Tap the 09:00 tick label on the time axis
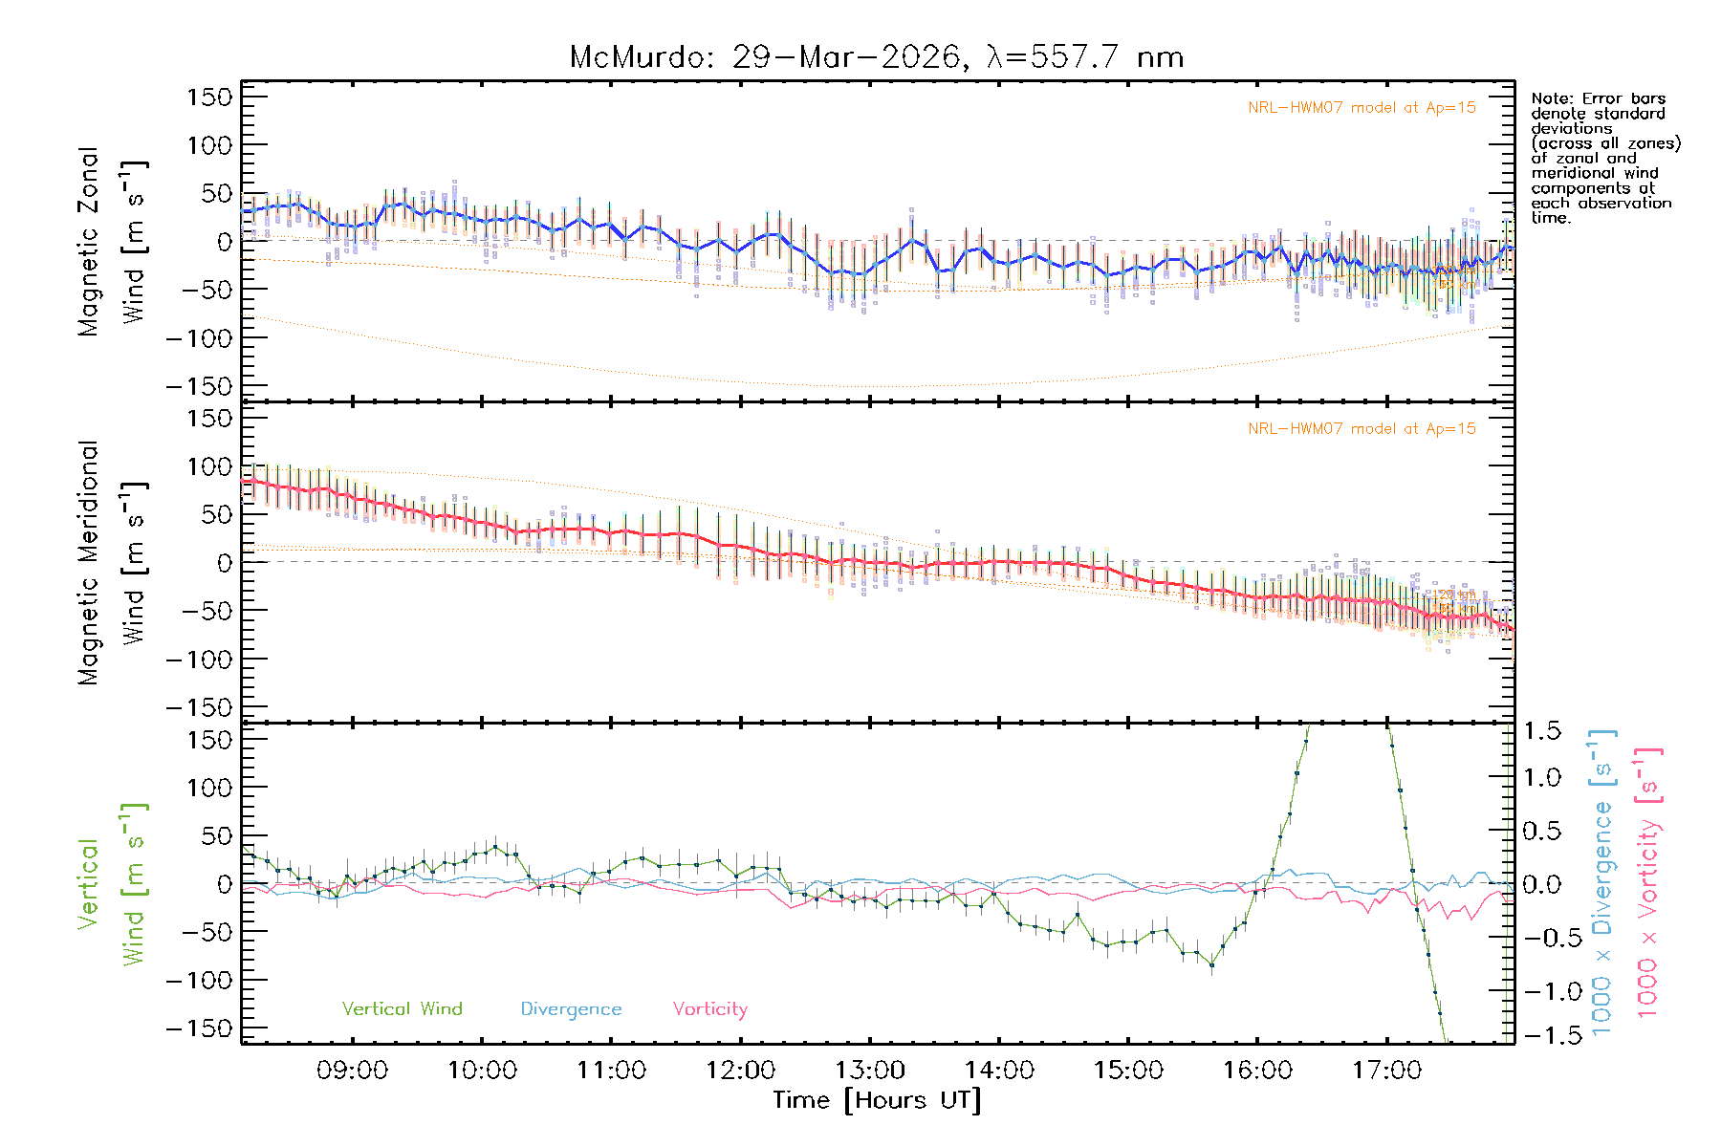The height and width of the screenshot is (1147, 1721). (x=352, y=1071)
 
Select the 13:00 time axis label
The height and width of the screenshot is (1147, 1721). (x=869, y=1071)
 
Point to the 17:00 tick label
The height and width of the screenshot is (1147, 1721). (x=1386, y=1071)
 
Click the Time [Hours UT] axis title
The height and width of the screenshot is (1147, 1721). (x=877, y=1100)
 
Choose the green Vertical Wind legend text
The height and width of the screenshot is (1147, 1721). (x=402, y=1009)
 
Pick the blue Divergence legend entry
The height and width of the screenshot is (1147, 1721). (x=571, y=1009)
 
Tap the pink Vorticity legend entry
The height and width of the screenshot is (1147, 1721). (x=709, y=1009)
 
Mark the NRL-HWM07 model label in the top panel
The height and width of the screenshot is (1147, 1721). (x=1362, y=108)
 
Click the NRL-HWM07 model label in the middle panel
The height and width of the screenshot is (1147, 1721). (x=1362, y=429)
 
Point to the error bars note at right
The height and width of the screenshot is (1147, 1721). (x=1604, y=158)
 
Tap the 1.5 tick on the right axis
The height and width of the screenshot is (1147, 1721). (x=1541, y=731)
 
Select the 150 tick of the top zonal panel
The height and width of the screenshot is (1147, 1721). (x=209, y=97)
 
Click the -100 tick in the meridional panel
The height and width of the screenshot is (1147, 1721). (x=200, y=660)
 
